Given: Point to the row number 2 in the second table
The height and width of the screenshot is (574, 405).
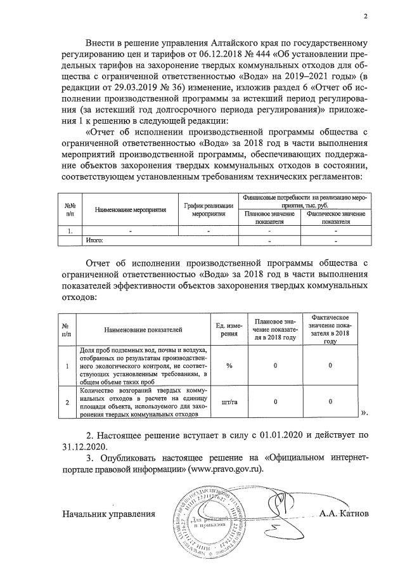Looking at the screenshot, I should point(67,401).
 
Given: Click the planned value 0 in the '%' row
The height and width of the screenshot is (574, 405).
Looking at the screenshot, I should point(275,366).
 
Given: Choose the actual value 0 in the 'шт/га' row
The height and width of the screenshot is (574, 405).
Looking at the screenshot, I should point(331,401).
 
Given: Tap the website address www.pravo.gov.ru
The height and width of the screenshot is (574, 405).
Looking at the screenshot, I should point(222,470).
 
